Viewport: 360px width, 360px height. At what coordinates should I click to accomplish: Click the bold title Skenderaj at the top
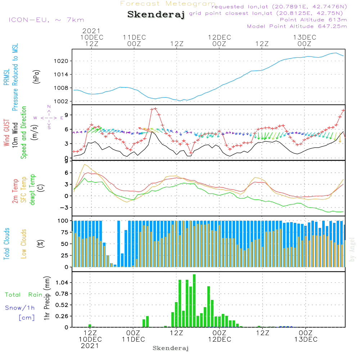[156, 14]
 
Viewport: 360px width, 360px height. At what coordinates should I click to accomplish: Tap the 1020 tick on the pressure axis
[61, 61]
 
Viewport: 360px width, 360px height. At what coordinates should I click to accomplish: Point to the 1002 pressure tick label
[61, 102]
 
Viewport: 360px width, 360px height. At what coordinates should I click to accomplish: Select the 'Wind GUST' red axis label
[6, 132]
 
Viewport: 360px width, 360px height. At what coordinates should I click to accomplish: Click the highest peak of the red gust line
[156, 109]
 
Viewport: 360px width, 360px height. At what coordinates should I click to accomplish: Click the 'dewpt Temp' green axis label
[32, 189]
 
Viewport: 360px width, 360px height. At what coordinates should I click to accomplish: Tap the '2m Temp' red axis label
[15, 191]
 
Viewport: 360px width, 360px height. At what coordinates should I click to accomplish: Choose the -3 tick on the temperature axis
[64, 208]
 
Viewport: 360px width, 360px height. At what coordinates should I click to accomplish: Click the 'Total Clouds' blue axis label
[6, 244]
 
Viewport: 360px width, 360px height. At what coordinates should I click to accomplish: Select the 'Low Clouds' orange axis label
[24, 244]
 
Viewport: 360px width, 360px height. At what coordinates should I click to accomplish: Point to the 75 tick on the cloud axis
[63, 232]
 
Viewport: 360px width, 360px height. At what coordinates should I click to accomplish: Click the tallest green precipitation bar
[194, 301]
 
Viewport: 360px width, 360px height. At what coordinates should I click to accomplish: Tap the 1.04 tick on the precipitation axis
[62, 283]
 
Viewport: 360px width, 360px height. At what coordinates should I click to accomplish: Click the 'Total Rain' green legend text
[24, 295]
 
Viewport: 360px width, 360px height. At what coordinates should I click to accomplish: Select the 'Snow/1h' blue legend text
[20, 308]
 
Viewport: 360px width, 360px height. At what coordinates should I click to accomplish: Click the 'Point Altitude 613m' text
[314, 20]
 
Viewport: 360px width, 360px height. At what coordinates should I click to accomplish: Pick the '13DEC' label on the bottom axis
[306, 339]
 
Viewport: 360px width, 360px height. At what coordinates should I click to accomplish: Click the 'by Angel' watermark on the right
[352, 249]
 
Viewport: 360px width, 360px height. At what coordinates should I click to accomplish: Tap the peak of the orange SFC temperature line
[85, 165]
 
